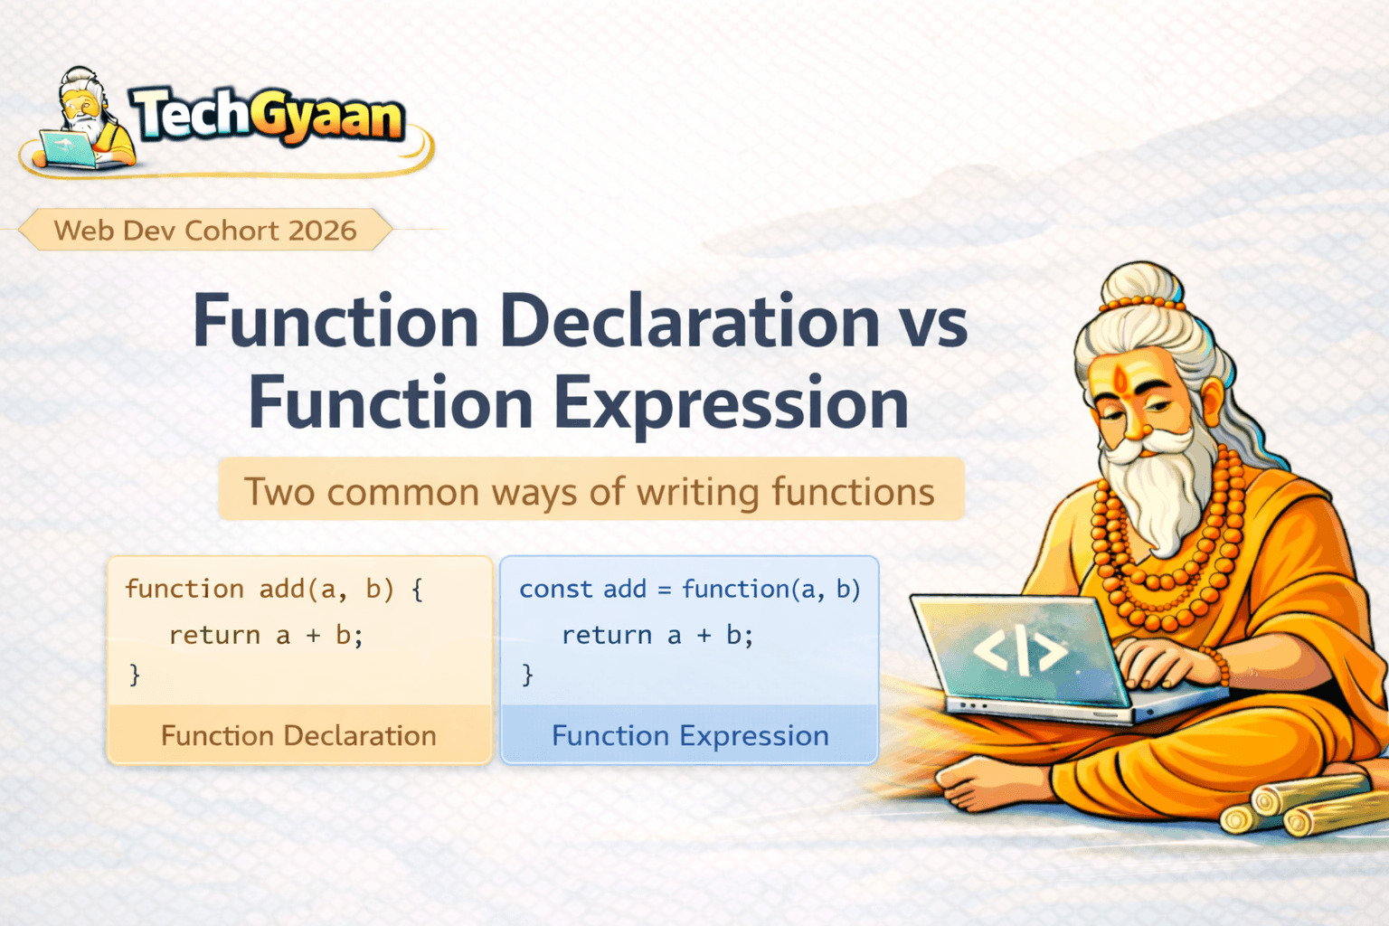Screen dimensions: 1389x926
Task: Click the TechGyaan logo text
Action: pos(268,116)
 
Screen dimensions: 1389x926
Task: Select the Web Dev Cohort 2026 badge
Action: pos(205,230)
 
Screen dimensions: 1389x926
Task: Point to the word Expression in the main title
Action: pos(732,403)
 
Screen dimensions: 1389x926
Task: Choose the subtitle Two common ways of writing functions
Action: pos(590,491)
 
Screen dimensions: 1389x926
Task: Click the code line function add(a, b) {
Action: pos(274,589)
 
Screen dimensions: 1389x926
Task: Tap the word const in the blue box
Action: pos(555,590)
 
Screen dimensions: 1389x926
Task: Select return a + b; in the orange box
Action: pos(266,635)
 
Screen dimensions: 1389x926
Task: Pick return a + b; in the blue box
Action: pos(657,635)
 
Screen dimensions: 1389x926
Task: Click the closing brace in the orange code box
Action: pos(135,675)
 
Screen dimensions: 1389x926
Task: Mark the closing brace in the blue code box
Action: pos(527,675)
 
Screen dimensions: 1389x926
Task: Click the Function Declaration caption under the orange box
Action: pos(299,735)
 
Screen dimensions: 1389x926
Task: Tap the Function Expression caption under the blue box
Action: pos(690,735)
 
